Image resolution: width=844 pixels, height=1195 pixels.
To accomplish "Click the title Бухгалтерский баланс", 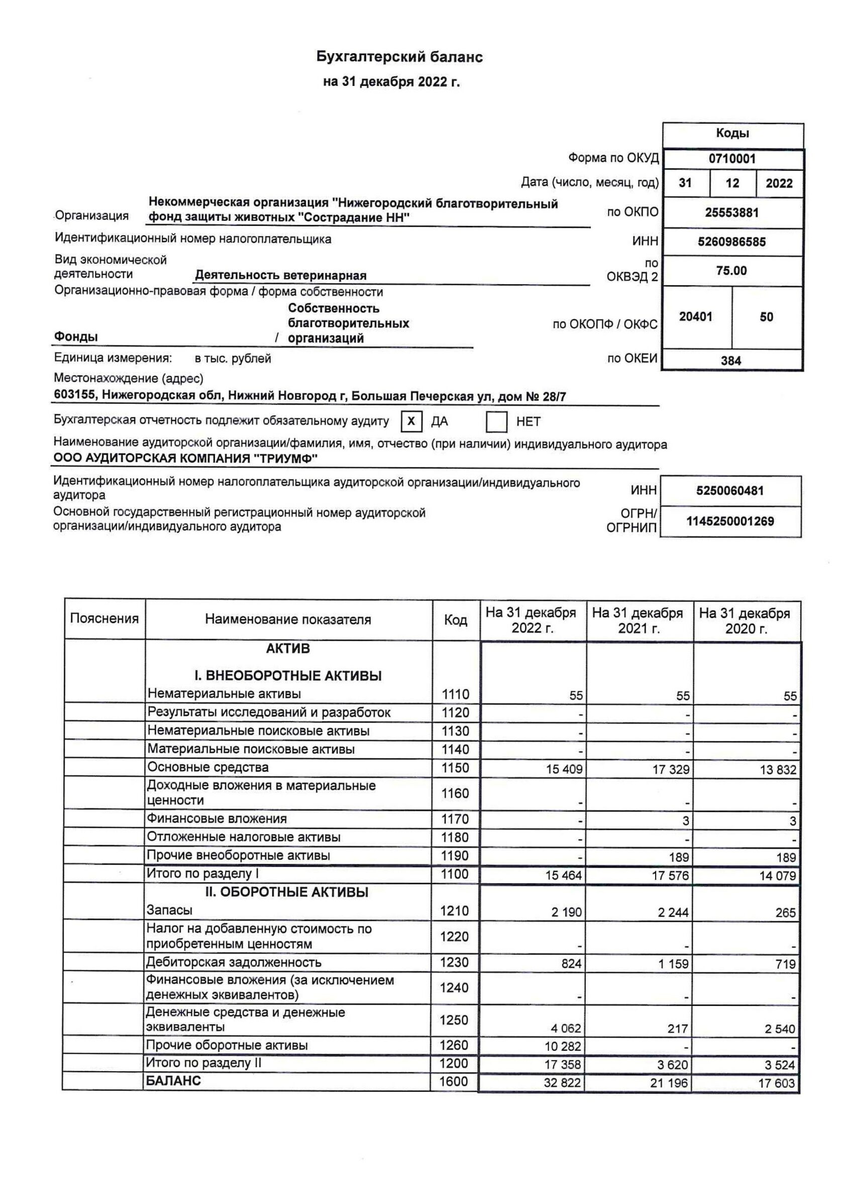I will [399, 57].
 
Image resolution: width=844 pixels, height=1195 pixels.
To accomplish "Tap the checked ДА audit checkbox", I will [411, 421].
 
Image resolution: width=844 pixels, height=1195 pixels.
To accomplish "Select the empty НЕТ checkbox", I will [496, 421].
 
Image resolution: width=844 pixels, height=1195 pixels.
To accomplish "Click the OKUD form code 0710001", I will [731, 159].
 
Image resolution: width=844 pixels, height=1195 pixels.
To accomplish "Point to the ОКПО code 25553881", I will [731, 212].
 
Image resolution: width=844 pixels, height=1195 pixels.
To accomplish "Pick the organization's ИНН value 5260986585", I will [731, 242].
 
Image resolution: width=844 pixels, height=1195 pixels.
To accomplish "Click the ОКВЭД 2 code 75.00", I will [731, 271].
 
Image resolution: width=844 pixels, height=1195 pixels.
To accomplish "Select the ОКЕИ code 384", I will [730, 361].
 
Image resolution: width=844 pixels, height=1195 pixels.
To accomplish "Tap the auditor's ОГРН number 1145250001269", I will [730, 521].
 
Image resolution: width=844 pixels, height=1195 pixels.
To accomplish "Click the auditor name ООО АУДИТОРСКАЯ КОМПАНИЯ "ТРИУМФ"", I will [185, 459].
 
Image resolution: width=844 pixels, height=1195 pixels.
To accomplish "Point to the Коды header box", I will [732, 134].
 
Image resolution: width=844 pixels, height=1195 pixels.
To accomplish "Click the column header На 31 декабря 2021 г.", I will [639, 621].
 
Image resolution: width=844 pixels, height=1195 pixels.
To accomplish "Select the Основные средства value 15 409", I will [564, 769].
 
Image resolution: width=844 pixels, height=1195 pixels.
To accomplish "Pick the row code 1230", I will [455, 962].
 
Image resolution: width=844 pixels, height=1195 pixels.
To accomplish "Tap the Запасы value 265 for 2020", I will [785, 912].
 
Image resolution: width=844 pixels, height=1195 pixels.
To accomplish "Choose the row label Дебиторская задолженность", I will [234, 962].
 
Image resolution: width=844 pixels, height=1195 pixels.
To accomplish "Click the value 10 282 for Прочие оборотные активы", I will [563, 1046].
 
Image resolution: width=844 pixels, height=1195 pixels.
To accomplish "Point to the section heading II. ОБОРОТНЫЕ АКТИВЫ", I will [286, 892].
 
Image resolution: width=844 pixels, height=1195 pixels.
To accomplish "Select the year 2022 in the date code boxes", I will [779, 183].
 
